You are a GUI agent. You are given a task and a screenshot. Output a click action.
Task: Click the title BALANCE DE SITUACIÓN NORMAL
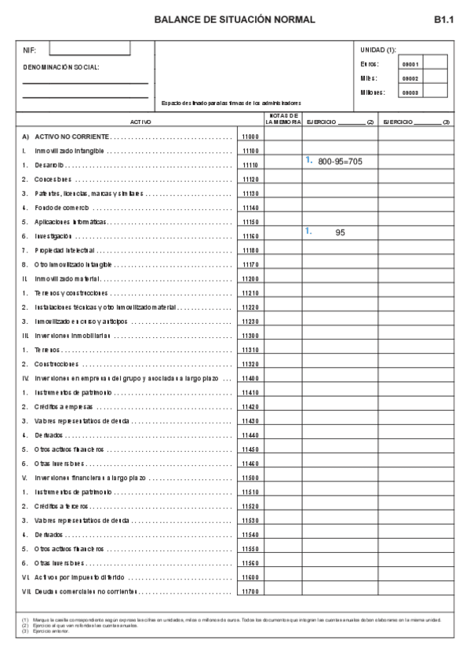(235, 20)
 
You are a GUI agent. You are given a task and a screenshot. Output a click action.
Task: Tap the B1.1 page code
(443, 20)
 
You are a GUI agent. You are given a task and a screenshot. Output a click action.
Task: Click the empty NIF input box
(89, 49)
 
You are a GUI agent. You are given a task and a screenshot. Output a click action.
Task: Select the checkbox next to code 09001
(435, 64)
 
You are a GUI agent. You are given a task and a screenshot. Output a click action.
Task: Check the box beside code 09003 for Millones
(435, 92)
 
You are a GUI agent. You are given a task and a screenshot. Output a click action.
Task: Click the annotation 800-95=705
(340, 162)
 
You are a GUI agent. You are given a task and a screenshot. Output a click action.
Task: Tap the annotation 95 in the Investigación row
(340, 233)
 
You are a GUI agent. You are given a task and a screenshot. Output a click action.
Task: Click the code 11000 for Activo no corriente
(250, 136)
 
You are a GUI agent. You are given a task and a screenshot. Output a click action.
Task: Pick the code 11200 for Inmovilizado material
(250, 278)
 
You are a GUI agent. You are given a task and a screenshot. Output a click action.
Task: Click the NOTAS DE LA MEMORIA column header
(282, 119)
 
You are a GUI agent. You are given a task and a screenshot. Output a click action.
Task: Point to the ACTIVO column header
(140, 122)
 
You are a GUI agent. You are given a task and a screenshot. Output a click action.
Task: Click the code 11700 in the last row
(250, 591)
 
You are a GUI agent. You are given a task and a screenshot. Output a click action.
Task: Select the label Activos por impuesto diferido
(78, 576)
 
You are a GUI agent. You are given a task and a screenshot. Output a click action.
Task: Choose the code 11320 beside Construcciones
(250, 364)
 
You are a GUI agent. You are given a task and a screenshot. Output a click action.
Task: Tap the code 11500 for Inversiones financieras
(250, 477)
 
